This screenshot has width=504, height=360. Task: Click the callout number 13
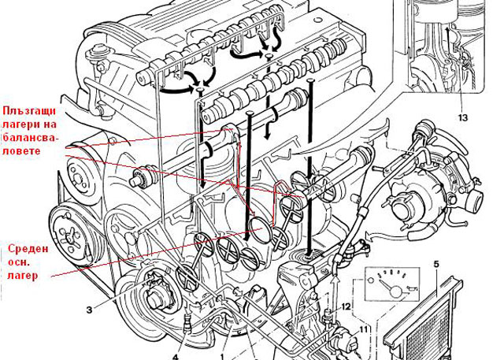462,118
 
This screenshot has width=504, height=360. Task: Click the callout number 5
436,265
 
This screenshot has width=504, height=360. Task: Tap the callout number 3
89,310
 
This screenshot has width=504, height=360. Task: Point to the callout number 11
363,329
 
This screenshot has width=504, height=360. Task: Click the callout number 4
176,357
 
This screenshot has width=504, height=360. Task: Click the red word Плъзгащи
29,112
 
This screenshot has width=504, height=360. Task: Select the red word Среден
28,248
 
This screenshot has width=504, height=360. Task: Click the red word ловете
22,151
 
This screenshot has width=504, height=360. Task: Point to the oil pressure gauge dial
392,284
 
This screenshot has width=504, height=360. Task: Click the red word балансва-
30,137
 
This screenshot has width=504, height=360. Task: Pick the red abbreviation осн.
19,262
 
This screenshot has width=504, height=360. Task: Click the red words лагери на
30,124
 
